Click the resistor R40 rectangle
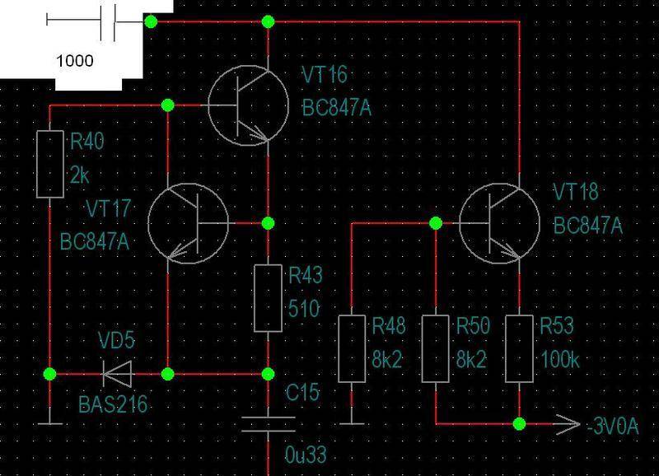50,164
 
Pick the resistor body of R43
269,298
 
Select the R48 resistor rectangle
352,348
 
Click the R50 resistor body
436,348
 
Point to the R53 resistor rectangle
520,348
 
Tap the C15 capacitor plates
269,424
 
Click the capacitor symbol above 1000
108,21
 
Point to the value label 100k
560,360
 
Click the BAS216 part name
113,404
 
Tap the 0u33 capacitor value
306,455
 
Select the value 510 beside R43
304,309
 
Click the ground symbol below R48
352,423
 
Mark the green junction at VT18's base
436,223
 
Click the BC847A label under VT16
337,109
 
